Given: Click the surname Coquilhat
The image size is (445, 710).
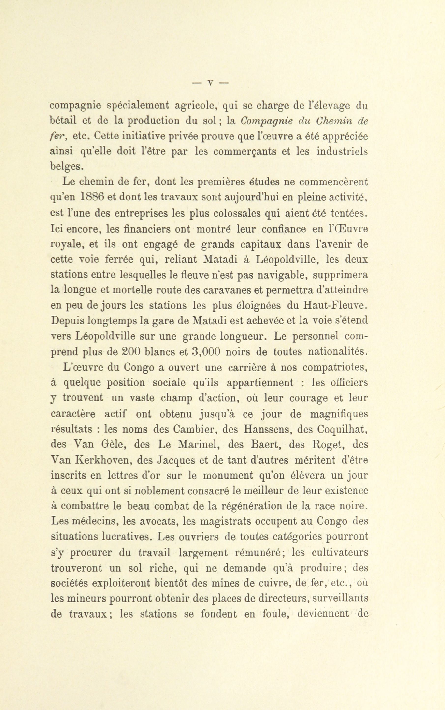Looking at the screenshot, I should (x=342, y=429).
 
